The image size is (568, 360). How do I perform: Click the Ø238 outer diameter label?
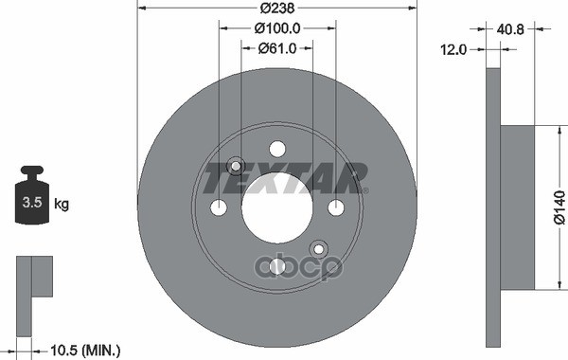coord(276,9)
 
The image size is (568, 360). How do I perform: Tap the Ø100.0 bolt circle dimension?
coord(276,29)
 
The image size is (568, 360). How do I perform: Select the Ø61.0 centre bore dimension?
coord(276,49)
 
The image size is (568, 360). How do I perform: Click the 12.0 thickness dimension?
coord(454,49)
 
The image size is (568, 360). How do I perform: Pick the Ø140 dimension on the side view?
coord(558,207)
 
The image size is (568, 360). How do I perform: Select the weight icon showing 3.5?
coord(32,197)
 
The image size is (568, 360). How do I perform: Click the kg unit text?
coord(62,204)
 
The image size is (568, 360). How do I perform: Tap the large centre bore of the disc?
coord(276,207)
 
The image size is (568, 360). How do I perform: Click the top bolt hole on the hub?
coord(276,149)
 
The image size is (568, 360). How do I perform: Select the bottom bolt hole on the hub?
coord(276,266)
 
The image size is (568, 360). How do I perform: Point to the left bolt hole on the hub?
coord(218,207)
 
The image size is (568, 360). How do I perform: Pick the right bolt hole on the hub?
coord(335,207)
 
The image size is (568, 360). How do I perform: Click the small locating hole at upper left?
coord(235,166)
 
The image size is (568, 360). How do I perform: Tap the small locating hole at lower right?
coord(318,249)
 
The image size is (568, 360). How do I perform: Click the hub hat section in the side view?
coord(516,207)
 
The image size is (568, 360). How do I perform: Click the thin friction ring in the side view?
coord(492,207)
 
